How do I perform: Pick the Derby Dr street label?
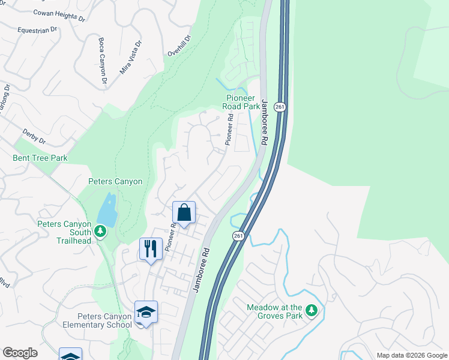coord(34,135)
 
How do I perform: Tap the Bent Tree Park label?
coord(40,158)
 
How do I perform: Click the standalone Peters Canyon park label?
coord(115,181)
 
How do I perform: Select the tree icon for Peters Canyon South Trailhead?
coord(100,231)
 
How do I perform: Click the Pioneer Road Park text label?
coord(243,102)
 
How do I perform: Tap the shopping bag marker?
coord(184,212)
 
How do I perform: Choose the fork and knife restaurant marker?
coord(151,248)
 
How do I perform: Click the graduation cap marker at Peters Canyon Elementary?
coord(146,311)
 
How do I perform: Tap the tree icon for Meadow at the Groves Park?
coord(311,310)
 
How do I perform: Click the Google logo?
coord(20,353)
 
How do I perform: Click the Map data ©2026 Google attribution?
coord(411,355)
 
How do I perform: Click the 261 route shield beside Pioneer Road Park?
coord(280,106)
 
